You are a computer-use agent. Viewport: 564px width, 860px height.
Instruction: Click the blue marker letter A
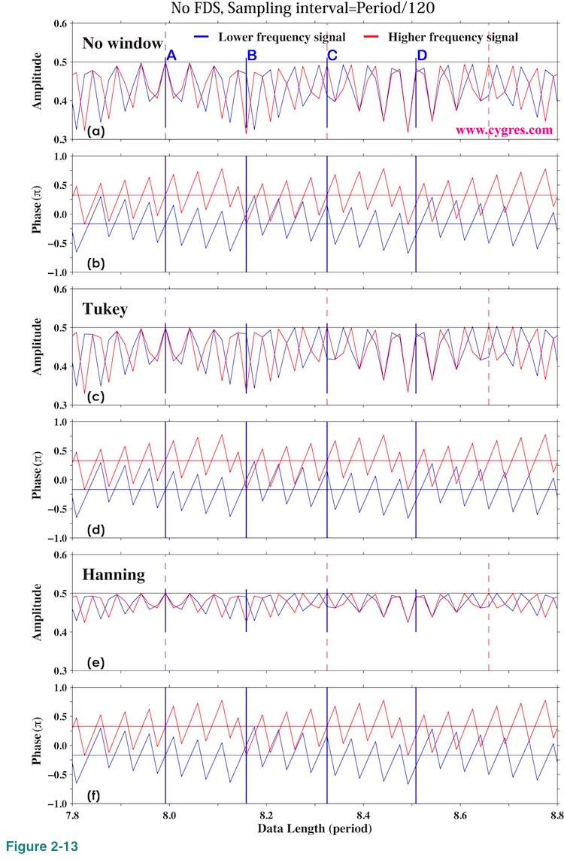point(171,56)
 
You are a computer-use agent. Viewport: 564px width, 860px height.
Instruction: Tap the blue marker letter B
point(252,56)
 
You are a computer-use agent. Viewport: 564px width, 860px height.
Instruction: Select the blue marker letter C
point(332,56)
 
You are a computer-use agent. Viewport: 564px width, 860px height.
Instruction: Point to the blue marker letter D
point(422,56)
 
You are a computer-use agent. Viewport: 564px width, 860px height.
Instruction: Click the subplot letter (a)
point(96,131)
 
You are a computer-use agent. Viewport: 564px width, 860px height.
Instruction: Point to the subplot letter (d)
point(96,530)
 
